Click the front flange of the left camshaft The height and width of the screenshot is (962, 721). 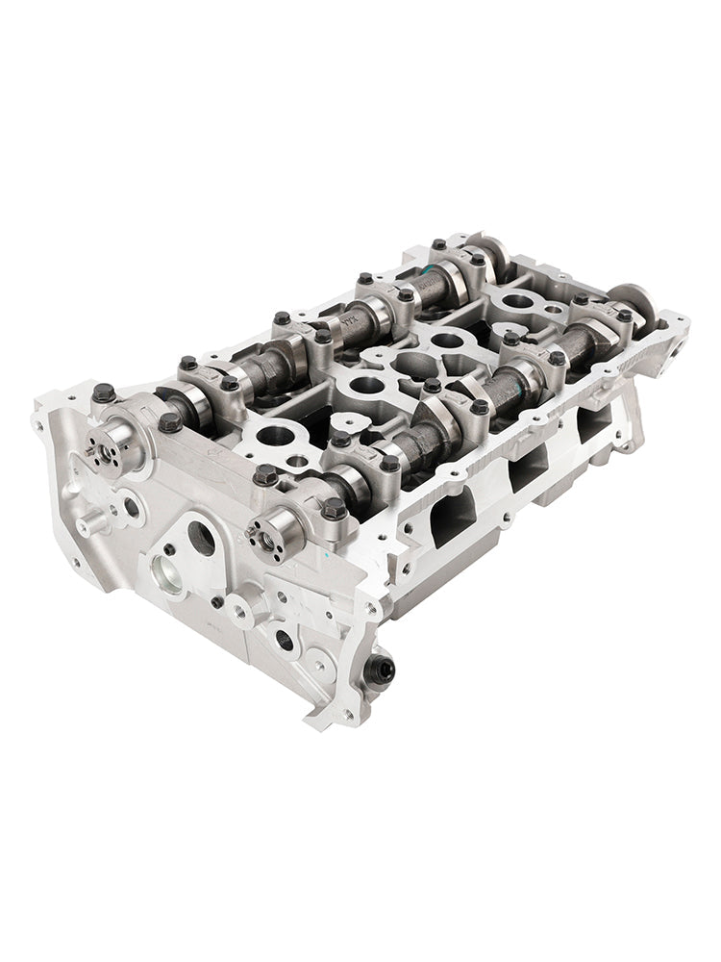point(108,448)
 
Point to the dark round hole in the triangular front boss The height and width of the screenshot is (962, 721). point(201,539)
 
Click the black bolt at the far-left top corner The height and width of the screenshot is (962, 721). point(104,392)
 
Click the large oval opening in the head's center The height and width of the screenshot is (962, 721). point(410,367)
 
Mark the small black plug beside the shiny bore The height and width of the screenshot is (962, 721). point(168,549)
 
